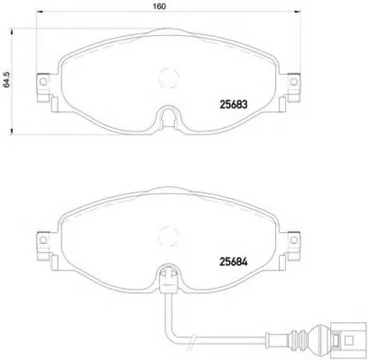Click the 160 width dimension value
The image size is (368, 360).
(x=159, y=6)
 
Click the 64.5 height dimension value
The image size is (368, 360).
(x=6, y=80)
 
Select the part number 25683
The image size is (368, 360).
(x=234, y=105)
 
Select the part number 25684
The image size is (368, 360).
(x=234, y=261)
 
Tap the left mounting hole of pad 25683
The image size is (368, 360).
(x=43, y=82)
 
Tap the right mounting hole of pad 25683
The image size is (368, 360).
(x=293, y=82)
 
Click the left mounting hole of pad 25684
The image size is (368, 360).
(x=43, y=239)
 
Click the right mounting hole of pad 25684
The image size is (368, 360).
(x=293, y=239)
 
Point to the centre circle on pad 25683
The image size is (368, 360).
(x=168, y=77)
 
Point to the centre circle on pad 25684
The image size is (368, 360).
(x=168, y=235)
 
